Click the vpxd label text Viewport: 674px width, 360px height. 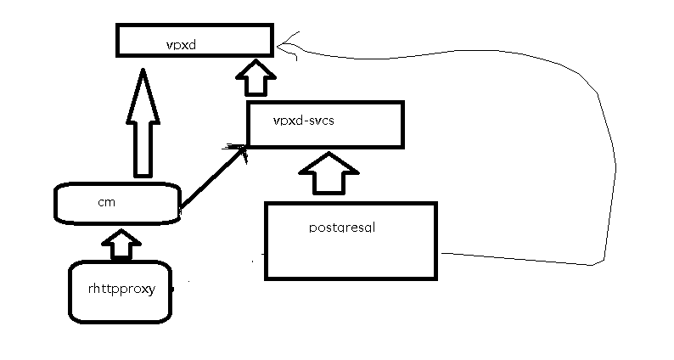[182, 42]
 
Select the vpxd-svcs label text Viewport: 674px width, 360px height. [304, 121]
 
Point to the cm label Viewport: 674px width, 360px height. [106, 202]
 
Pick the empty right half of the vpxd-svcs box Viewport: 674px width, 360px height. [369, 124]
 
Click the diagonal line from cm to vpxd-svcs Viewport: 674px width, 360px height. [212, 178]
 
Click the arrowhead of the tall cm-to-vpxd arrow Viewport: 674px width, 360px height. [143, 88]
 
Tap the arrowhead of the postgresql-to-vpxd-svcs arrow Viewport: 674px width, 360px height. [325, 162]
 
